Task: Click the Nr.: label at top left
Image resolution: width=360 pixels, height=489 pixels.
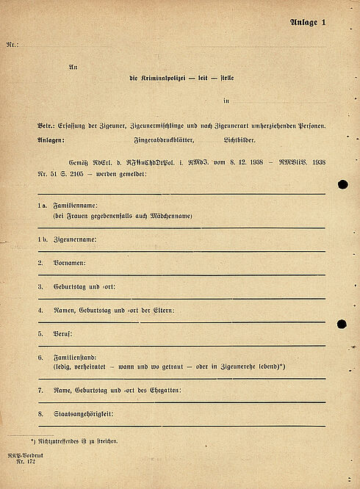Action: [12, 46]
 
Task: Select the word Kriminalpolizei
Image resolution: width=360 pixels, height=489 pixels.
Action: [163, 78]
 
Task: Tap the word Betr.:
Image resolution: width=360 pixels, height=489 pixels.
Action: [46, 126]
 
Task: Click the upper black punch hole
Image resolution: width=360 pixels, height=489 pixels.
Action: [342, 184]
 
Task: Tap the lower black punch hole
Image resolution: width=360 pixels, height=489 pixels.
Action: [342, 324]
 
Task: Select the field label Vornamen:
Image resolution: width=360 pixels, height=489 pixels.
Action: [69, 262]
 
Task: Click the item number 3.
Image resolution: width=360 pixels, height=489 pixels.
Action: [40, 286]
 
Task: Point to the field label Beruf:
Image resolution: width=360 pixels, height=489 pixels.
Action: [62, 333]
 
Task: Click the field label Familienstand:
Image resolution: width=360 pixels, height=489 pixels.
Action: [76, 357]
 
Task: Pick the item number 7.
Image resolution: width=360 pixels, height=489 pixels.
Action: [40, 390]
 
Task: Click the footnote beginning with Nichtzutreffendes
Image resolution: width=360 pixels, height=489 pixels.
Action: [76, 441]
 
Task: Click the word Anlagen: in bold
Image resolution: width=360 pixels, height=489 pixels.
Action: [51, 140]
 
